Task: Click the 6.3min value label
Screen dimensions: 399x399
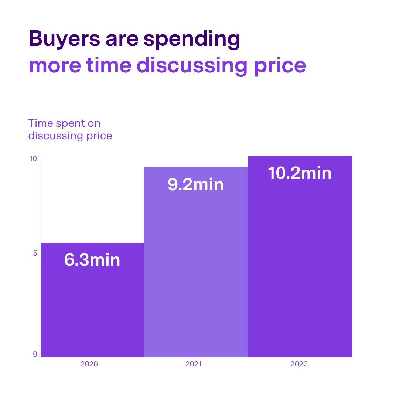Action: point(92,260)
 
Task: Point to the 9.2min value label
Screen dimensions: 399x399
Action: point(195,184)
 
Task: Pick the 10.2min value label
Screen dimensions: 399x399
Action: point(300,173)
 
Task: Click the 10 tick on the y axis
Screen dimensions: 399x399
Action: point(33,159)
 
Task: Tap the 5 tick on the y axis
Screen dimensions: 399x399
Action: point(35,253)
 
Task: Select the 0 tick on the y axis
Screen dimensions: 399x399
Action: point(35,354)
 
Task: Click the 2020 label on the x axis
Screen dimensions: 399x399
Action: point(89,364)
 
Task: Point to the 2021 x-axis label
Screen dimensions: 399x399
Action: point(193,364)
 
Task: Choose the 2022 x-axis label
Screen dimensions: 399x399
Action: point(299,364)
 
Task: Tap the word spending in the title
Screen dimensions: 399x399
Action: point(192,40)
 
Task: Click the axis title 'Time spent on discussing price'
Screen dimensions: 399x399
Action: point(70,129)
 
